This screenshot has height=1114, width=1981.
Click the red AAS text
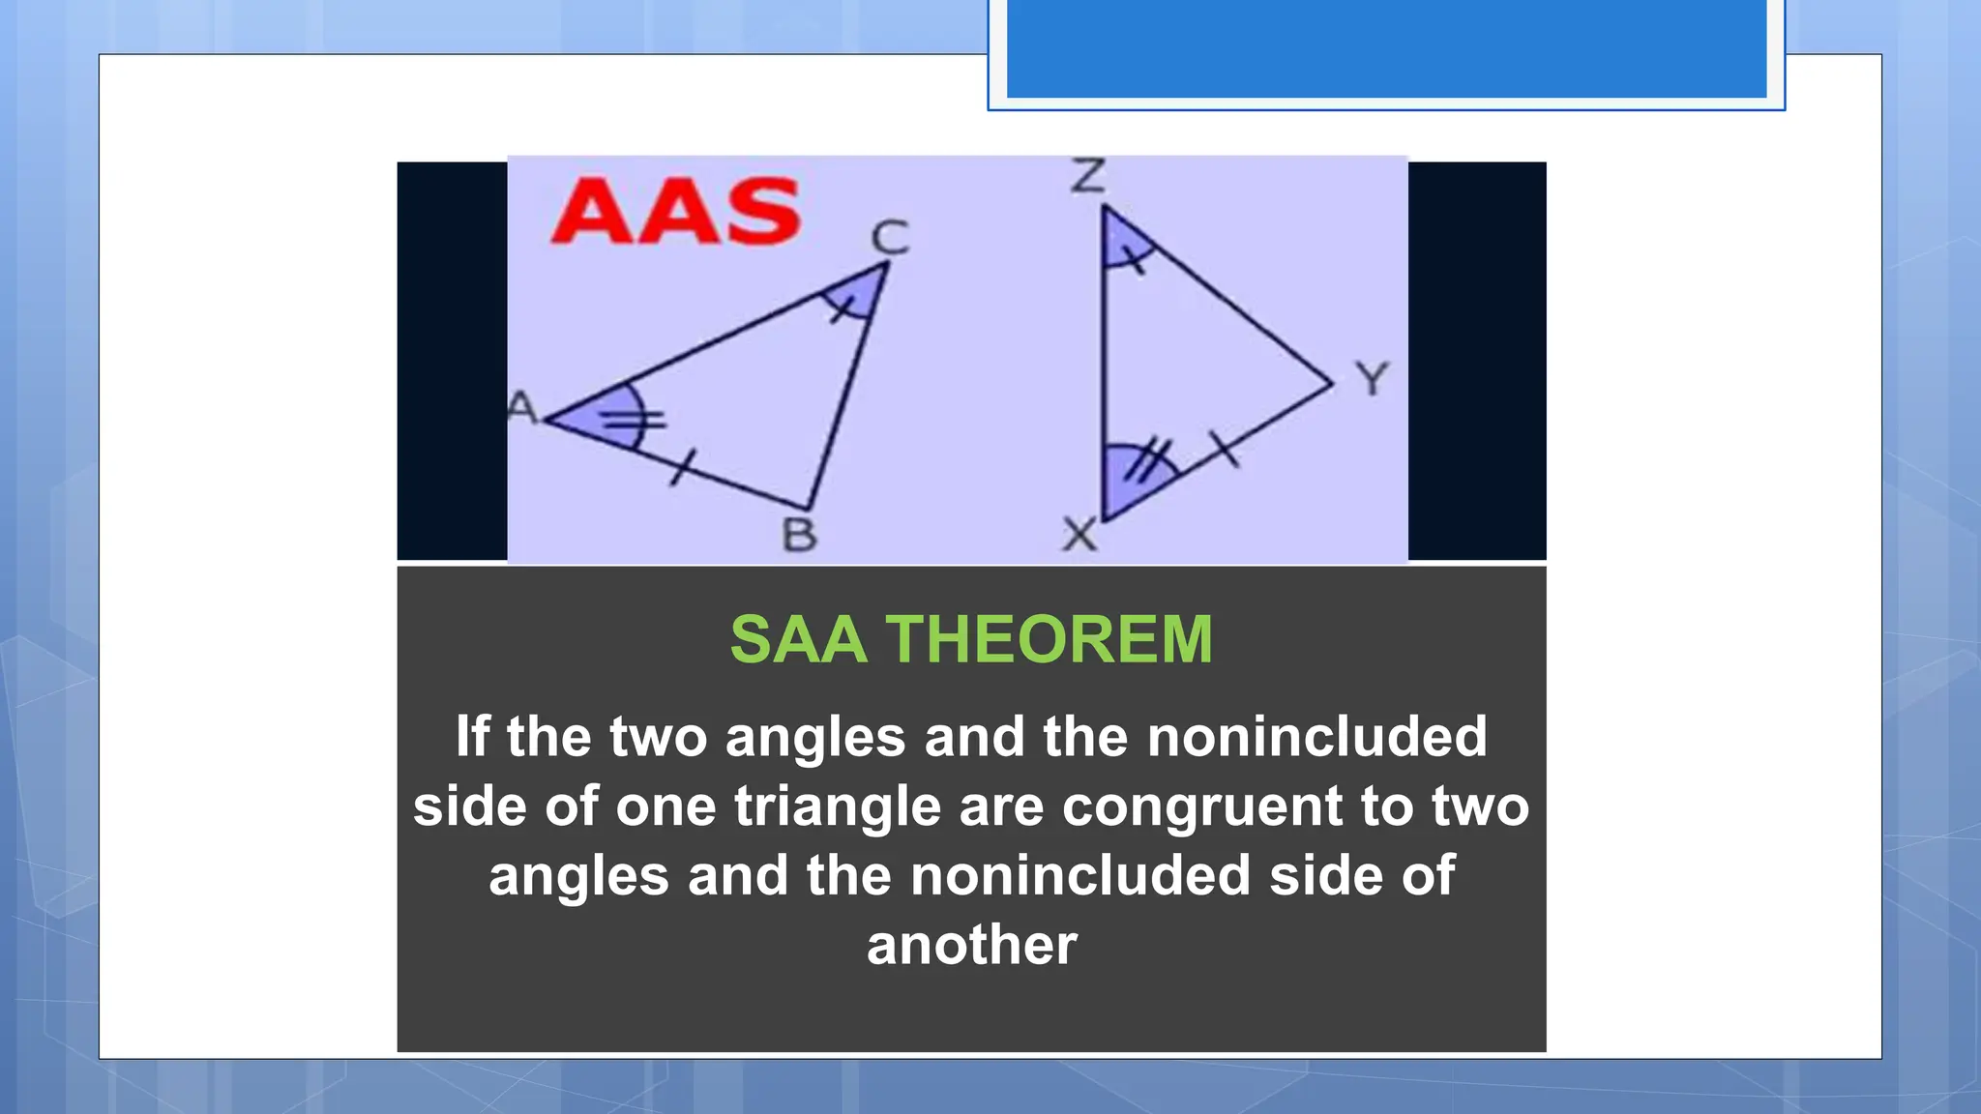coord(675,211)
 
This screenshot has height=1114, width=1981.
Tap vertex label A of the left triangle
coord(522,408)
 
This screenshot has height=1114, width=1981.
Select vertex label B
coord(799,535)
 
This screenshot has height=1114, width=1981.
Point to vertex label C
coord(890,237)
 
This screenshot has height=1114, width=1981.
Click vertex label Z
coord(1088,177)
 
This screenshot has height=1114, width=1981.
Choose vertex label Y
coord(1372,378)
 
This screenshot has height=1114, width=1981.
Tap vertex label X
coord(1079,534)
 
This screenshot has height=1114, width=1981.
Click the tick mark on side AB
coord(682,469)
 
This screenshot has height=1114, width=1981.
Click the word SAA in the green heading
coord(798,640)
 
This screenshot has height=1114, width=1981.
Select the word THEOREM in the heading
coord(1049,640)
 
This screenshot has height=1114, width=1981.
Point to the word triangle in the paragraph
coord(837,806)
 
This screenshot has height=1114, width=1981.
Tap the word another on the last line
coord(971,945)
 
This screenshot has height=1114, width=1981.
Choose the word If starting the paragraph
coord(473,737)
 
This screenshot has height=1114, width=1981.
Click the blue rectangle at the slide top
coord(1386,48)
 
